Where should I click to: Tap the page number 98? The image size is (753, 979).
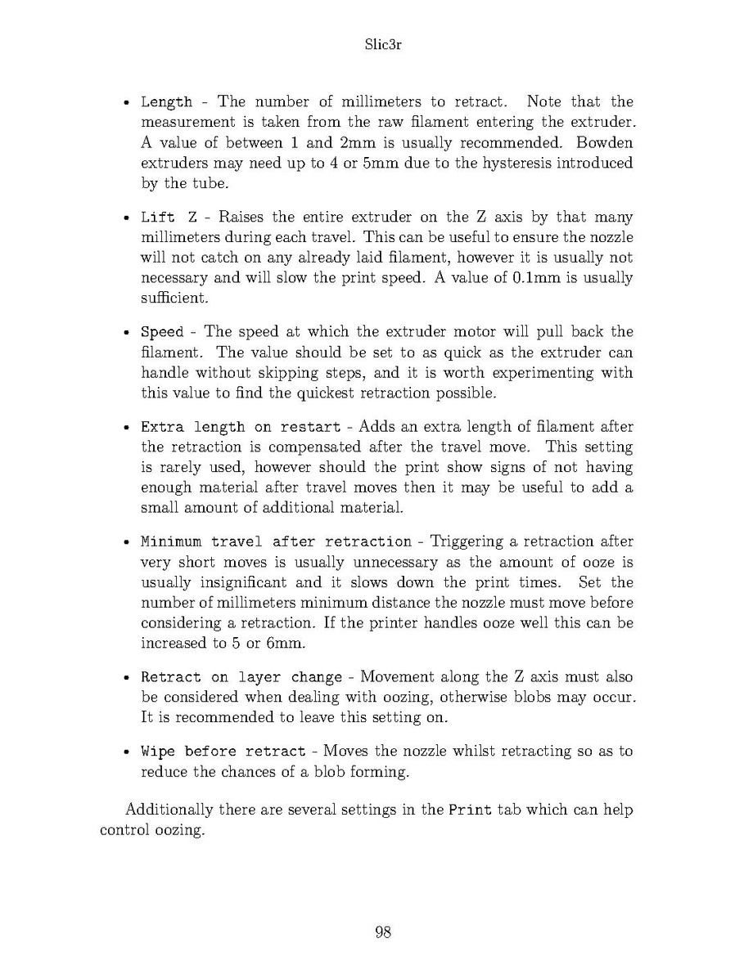[x=382, y=932]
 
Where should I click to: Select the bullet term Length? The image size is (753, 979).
[x=167, y=102]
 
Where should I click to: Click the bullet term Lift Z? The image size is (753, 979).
[x=169, y=218]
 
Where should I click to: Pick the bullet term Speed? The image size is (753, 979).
[x=162, y=333]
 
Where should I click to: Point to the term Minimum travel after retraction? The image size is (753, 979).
[x=277, y=542]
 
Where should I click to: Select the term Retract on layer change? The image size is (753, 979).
[x=241, y=678]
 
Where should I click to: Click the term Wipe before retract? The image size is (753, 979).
[x=223, y=752]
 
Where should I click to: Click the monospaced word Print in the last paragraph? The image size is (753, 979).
[x=471, y=811]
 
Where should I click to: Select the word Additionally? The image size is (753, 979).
[x=169, y=811]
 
